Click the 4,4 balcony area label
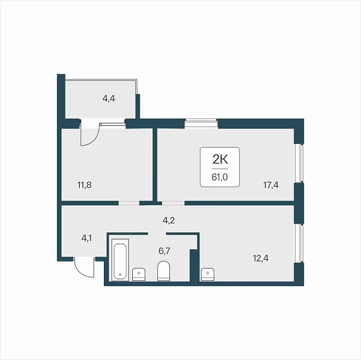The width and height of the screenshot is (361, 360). coord(109,98)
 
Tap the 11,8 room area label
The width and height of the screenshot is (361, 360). coord(85,185)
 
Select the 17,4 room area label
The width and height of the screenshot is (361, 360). coord(271,185)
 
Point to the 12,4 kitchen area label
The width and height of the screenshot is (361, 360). coord(261,259)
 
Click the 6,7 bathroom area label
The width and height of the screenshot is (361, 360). coord(165,251)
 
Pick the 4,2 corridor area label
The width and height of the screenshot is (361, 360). coord(169,220)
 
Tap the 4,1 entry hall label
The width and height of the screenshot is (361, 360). coord(86,238)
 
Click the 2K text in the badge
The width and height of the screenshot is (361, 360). coord(220,159)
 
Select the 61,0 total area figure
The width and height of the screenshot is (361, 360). coord(220,177)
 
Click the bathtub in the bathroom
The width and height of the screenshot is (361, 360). coord(120,260)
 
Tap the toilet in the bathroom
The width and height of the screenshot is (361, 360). coord(164,271)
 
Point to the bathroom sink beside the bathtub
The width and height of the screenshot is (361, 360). coord(139,274)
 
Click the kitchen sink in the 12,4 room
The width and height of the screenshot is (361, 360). coord(208,274)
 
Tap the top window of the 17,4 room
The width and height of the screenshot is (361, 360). coord(201,123)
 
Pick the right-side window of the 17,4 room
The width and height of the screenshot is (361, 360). coord(299,163)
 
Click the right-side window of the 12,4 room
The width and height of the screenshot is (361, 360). coord(299,243)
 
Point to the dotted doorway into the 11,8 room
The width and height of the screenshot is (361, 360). coord(129,203)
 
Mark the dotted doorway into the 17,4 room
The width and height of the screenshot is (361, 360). coord(174,203)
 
